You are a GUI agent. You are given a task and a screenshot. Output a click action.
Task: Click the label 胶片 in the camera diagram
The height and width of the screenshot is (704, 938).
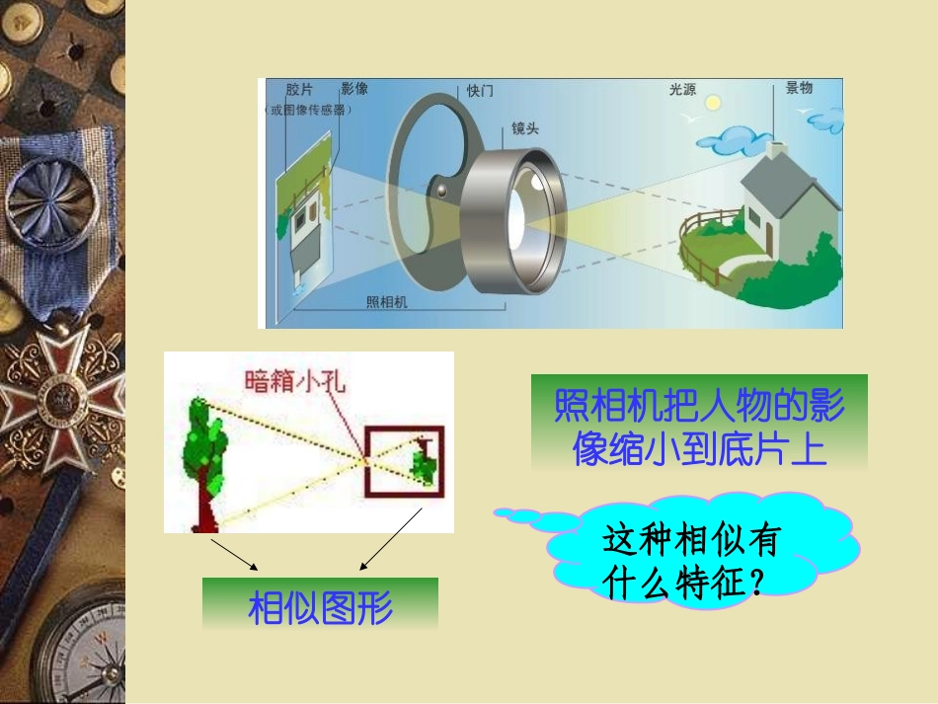[298, 89]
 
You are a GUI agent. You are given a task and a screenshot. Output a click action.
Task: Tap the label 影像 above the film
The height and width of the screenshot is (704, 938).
[354, 89]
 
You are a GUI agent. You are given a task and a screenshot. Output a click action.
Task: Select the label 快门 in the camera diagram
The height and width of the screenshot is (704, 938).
[480, 91]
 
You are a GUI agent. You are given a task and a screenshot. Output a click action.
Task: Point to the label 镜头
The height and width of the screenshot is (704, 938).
[524, 129]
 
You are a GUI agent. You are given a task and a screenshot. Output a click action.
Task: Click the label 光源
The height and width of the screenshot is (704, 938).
[682, 90]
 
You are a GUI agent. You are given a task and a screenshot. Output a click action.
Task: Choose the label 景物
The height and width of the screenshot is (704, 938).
[799, 88]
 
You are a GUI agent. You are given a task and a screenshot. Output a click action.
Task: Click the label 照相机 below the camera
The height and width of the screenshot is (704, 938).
[386, 303]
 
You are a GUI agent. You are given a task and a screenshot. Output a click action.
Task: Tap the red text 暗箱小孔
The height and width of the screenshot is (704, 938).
[295, 381]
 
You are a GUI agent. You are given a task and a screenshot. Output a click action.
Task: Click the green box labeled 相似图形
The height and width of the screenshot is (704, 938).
[320, 605]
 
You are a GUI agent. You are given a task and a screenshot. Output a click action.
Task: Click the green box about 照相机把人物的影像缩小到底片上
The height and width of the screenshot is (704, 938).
[699, 422]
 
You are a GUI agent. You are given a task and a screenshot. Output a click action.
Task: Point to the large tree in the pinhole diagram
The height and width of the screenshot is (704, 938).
[205, 454]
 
